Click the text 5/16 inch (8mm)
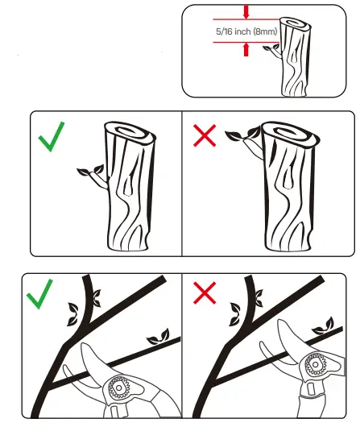coord(246,31)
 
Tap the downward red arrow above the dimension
coord(246,12)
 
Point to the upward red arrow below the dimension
coord(246,49)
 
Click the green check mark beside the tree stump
coord(52,137)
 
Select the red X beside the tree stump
coord(205,135)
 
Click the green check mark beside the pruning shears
coord(39,294)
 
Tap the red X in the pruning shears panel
coord(205,293)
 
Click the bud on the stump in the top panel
coord(272,49)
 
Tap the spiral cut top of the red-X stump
coord(291,135)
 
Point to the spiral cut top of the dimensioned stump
coord(296,24)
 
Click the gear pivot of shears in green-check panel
coord(119,388)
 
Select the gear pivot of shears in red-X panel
coord(316,365)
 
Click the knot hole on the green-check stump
coord(128,185)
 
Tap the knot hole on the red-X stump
coord(289,177)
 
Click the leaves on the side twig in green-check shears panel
coord(159,337)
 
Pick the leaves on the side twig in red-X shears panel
coord(323,326)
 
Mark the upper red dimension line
coord(246,19)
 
